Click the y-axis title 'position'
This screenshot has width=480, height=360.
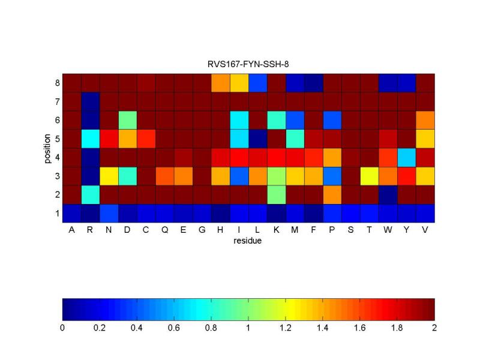(x=47, y=148)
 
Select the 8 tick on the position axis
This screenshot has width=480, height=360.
(x=57, y=82)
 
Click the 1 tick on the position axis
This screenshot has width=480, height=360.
(x=57, y=213)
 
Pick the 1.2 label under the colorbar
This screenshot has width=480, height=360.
(x=286, y=328)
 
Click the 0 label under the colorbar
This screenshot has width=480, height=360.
(x=63, y=328)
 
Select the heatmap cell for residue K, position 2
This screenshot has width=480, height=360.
(x=277, y=194)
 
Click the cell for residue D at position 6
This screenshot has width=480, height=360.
(x=128, y=120)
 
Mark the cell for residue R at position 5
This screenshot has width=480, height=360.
(x=91, y=139)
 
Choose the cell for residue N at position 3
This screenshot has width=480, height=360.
(x=109, y=176)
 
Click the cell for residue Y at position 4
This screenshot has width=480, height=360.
(x=407, y=157)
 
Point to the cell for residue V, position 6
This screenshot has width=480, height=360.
(x=425, y=120)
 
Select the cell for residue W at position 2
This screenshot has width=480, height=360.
(x=388, y=194)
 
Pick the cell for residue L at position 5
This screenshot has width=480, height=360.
(x=258, y=139)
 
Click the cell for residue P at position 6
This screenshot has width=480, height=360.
(x=332, y=120)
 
